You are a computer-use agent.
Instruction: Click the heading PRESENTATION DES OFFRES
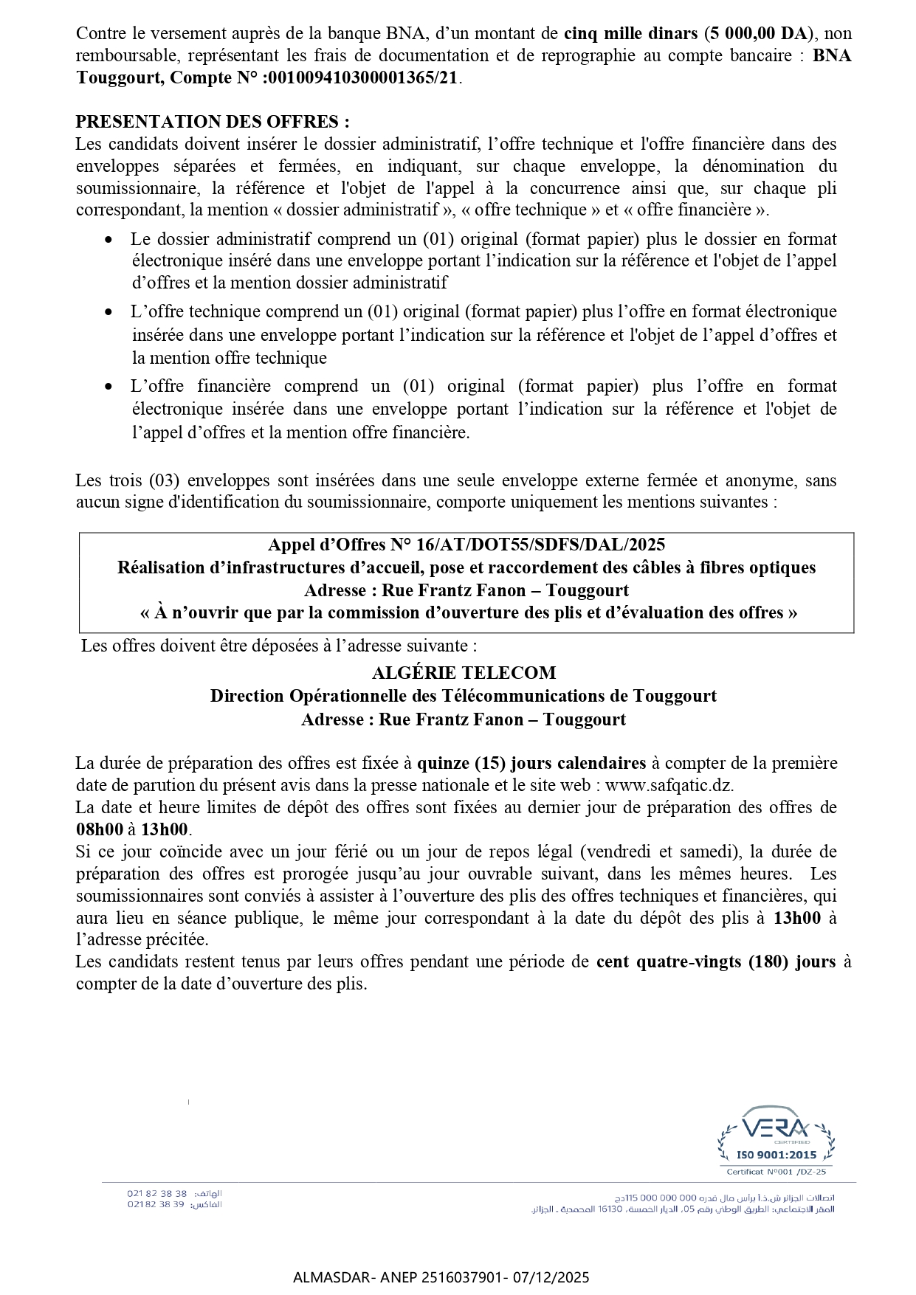tap(213, 122)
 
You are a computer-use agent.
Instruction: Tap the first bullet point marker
tap(109, 240)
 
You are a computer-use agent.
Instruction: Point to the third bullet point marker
tap(109, 387)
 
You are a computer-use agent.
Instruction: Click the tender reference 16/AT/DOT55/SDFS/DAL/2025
tap(540, 545)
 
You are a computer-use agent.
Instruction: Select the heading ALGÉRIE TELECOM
tap(464, 673)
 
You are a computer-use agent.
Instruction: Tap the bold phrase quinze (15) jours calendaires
tap(531, 763)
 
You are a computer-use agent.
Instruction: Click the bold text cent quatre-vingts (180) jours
tap(716, 961)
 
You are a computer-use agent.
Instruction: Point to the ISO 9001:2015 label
tap(776, 1156)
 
